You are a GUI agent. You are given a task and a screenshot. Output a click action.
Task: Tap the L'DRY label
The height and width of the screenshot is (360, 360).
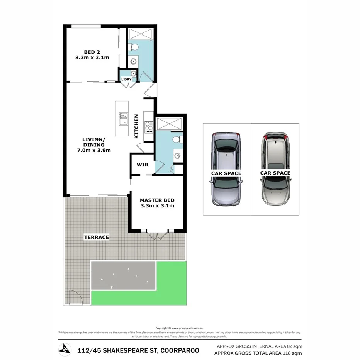(126, 80)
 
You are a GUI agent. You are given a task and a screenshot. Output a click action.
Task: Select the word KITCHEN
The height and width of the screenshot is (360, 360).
(136, 126)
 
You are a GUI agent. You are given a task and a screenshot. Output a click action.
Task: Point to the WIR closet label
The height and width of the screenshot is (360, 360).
(142, 165)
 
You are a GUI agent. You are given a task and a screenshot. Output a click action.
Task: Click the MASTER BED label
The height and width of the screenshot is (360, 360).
(157, 200)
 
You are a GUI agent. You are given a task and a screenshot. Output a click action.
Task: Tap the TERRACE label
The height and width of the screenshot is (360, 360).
(97, 237)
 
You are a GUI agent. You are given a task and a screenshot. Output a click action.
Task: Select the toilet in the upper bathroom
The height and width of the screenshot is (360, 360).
(133, 48)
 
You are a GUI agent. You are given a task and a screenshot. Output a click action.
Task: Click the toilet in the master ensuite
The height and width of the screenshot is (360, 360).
(177, 139)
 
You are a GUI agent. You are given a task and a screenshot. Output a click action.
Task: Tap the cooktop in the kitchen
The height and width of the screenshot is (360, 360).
(149, 125)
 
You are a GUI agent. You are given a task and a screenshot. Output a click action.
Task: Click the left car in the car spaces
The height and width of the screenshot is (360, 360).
(226, 169)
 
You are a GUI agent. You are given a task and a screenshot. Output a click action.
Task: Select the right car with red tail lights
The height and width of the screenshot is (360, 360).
(275, 169)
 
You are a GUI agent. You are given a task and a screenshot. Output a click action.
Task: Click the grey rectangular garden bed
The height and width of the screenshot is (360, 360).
(123, 275)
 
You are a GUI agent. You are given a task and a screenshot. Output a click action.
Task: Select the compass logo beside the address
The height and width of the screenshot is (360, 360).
(65, 349)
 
